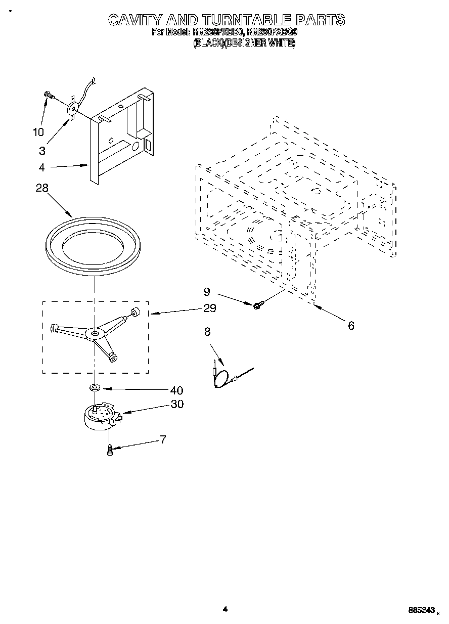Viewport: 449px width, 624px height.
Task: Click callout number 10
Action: [38, 132]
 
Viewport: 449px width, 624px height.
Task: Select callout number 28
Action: [42, 188]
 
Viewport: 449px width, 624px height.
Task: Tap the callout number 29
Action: [209, 308]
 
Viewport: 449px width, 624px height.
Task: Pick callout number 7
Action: [163, 439]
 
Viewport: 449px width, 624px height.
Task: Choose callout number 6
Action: [351, 326]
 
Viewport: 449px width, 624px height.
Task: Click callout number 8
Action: [207, 332]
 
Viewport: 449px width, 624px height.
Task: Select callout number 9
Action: [207, 292]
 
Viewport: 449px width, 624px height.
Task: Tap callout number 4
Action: [42, 167]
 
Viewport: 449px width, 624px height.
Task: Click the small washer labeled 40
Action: [95, 388]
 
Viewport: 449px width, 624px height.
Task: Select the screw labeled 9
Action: [258, 304]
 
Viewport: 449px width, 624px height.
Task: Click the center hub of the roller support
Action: [95, 333]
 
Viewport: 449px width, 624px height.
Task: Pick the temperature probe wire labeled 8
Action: [226, 377]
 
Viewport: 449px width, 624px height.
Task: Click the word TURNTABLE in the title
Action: [247, 20]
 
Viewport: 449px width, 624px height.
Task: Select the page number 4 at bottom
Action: [226, 610]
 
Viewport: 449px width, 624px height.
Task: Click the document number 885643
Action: [421, 611]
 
